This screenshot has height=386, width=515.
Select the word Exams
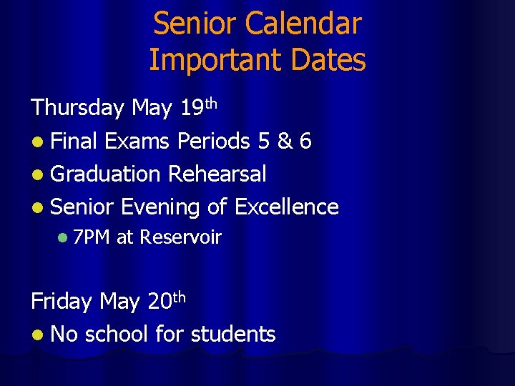click(x=137, y=141)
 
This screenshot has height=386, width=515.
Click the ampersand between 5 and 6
click(x=285, y=141)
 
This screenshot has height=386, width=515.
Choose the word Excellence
click(x=286, y=207)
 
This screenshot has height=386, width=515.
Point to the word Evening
click(x=160, y=207)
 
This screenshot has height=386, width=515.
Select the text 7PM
click(x=91, y=237)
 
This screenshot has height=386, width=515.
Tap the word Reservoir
click(x=181, y=237)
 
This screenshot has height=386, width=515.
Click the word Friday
click(x=62, y=301)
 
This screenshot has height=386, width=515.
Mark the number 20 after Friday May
click(x=159, y=301)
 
